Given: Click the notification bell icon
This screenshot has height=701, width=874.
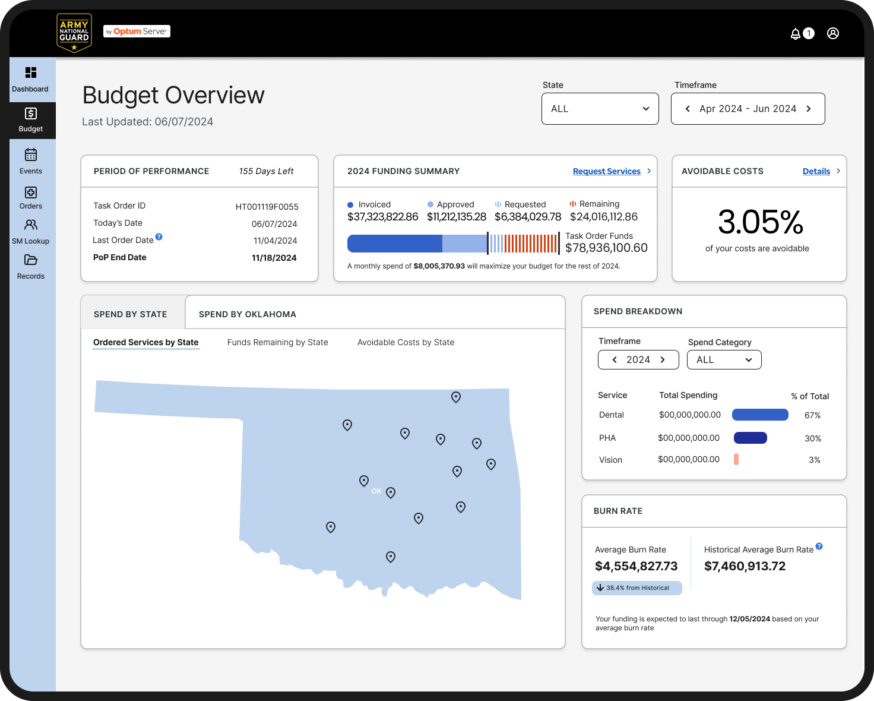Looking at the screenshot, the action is coord(795,33).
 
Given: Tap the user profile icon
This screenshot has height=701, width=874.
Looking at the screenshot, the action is coord(832,33).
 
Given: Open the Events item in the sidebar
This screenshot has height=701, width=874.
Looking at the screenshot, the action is coord(31,161).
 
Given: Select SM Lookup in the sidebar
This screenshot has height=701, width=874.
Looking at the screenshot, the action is coord(31,231).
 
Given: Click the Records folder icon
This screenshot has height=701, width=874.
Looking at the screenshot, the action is coord(31,260).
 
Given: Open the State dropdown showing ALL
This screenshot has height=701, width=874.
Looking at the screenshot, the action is coord(600,109).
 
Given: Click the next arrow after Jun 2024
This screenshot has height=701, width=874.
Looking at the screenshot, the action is coord(809,109).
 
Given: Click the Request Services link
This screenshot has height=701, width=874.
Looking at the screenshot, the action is coord(606,171).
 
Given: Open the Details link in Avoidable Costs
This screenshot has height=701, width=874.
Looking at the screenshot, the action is coord(816,171).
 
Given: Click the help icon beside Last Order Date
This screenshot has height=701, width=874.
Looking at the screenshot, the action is coord(159,236).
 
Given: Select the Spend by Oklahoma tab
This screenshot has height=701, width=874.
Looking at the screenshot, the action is coord(248,314).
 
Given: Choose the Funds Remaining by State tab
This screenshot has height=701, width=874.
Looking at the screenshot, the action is coord(277,342).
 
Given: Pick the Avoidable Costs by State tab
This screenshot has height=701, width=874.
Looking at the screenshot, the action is coord(406,342).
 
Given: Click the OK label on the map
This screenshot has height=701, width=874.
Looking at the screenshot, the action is coord(376,491).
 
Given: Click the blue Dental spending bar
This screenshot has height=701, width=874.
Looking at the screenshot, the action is coord(760,415).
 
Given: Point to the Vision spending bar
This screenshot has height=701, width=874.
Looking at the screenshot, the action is coord(736,459).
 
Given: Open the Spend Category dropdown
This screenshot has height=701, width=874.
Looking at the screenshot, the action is coord(724,359).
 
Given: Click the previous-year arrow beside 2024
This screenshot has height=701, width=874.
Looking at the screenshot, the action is coord(615,359).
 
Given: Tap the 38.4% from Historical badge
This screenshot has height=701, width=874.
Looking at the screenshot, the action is coord(637,588).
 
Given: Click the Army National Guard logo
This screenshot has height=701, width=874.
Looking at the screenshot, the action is coord(74,33).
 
